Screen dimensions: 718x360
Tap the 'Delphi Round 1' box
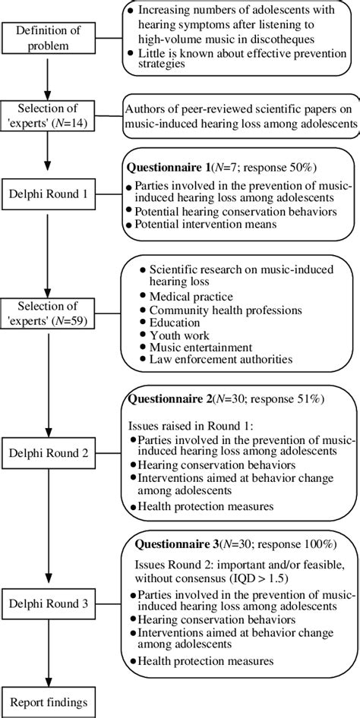click(x=48, y=194)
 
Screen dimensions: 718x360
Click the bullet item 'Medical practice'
click(x=191, y=296)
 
